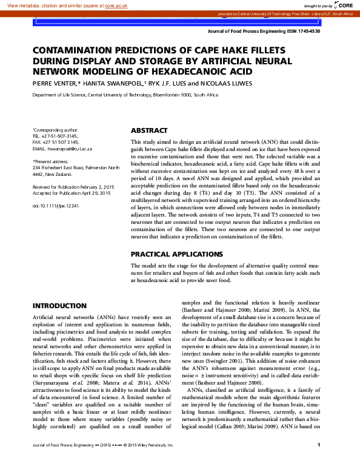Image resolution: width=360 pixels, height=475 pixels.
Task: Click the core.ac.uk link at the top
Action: pos(118,5)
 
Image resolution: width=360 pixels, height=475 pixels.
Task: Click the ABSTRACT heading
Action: pos(149,130)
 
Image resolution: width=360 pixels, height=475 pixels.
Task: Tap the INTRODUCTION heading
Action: pos(59,306)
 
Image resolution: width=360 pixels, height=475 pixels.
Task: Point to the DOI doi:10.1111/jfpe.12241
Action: pos(55,189)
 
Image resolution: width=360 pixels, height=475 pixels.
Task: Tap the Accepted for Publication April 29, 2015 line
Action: pos(72,176)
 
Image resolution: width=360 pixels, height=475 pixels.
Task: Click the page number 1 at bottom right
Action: pos(318,462)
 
